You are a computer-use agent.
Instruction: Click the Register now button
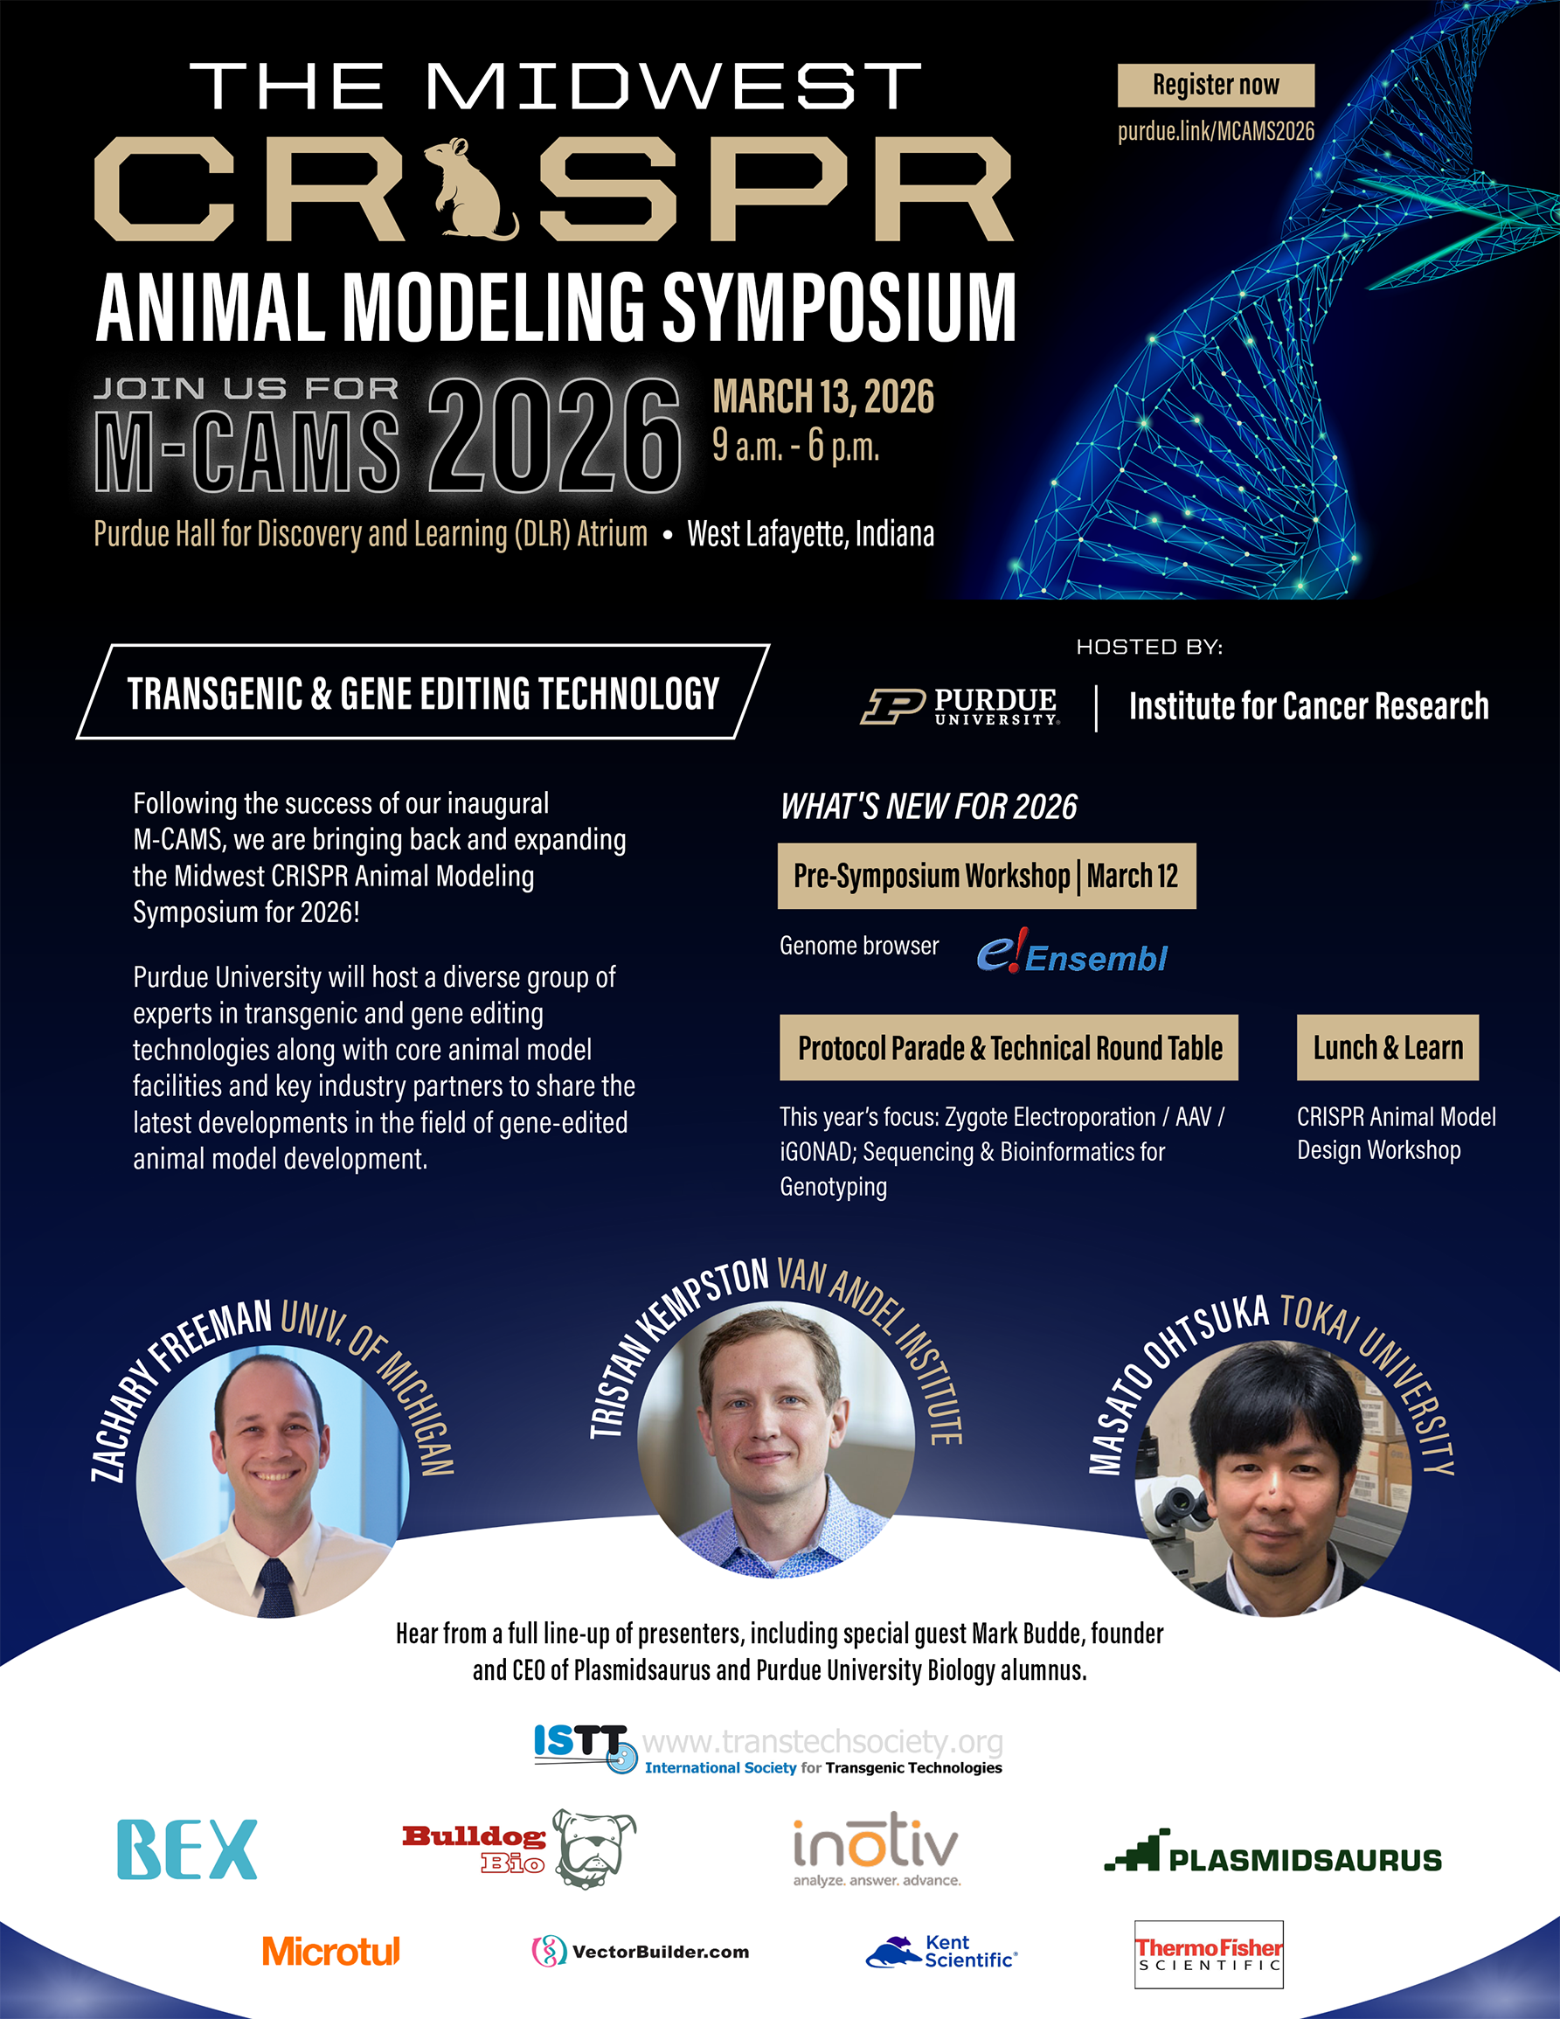(1216, 85)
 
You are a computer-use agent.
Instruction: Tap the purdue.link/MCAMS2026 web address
(1216, 131)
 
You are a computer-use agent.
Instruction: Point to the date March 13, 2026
(823, 397)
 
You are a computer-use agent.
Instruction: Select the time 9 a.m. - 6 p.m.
(795, 446)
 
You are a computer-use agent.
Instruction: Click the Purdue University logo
(960, 706)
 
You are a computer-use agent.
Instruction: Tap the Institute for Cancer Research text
(1308, 706)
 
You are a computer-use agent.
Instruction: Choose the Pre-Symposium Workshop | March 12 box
(986, 876)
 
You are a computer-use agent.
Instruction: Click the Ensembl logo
(1072, 952)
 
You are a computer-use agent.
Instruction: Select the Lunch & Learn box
(1387, 1047)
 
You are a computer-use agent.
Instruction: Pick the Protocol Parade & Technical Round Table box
(1009, 1047)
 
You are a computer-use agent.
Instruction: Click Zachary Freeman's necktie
(274, 1586)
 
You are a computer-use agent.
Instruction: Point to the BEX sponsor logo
(187, 1849)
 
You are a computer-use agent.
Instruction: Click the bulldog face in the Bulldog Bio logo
(594, 1849)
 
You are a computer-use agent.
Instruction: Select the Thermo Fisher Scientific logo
(1209, 1954)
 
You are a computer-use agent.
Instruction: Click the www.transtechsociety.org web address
(822, 1742)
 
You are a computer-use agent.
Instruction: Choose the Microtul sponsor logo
(331, 1951)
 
